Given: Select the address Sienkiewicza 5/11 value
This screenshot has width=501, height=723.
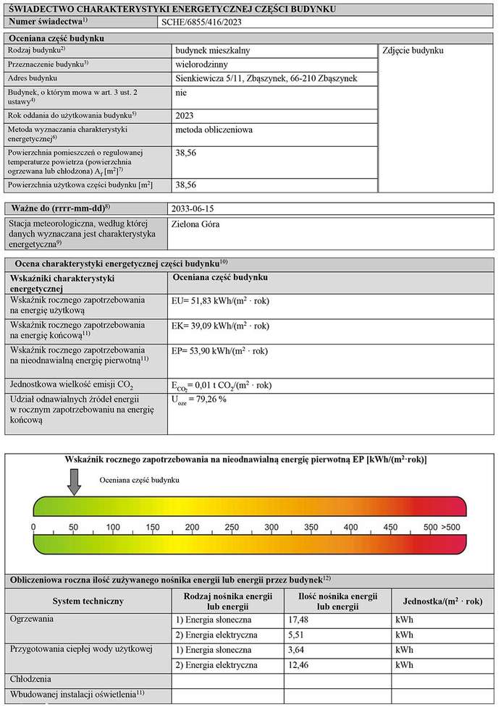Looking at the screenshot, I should (x=266, y=78).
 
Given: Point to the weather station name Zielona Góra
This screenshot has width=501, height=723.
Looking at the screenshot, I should (x=195, y=224).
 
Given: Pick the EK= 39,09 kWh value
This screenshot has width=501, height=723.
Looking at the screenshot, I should (x=221, y=326).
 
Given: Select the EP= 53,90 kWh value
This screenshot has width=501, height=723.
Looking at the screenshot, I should (x=221, y=351).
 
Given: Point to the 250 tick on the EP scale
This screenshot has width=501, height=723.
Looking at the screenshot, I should (x=192, y=526).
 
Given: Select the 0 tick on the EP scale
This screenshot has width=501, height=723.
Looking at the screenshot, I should (x=34, y=526).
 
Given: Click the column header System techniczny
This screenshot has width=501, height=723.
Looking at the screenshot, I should (x=88, y=601).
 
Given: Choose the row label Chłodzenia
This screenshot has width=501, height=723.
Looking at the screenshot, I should (x=30, y=680).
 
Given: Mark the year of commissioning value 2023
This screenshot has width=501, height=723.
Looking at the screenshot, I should (x=185, y=115).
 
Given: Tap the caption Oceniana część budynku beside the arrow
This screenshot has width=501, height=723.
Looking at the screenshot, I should (x=139, y=479).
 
